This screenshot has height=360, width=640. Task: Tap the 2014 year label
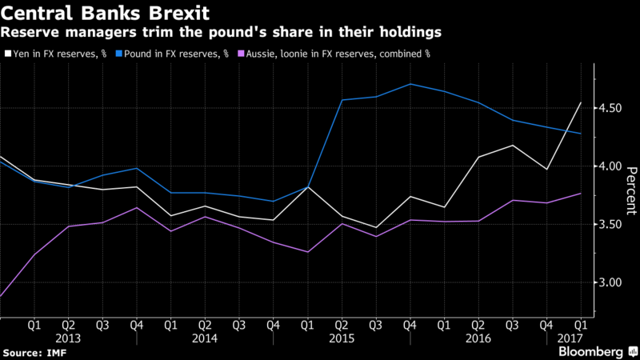click(204, 338)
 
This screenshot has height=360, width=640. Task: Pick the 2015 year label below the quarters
click(342, 338)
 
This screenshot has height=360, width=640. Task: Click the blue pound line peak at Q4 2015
click(410, 83)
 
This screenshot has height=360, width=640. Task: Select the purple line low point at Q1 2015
click(307, 252)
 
